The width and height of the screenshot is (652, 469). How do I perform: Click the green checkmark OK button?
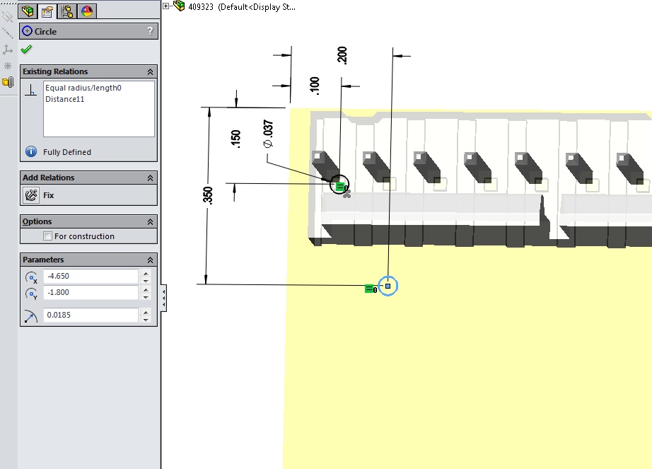coord(26,50)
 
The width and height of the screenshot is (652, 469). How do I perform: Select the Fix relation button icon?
coord(31,195)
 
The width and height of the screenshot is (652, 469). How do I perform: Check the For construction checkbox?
coord(48,236)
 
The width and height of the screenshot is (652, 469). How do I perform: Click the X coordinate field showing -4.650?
coord(91,276)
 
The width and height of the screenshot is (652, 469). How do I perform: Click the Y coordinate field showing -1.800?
coord(91,292)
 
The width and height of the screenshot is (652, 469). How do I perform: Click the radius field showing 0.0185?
coord(91,315)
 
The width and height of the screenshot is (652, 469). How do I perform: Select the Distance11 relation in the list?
coord(65,99)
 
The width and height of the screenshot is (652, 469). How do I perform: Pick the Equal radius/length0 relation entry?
coord(83,88)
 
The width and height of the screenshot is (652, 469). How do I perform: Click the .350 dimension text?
coord(208,195)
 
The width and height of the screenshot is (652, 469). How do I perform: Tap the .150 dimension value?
coord(235,139)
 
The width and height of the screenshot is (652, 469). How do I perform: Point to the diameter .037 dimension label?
coord(268,134)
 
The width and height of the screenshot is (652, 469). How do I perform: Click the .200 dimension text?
coord(342,55)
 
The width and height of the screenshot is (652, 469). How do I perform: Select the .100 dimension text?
coord(315,86)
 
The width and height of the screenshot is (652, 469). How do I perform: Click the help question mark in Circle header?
coord(150,30)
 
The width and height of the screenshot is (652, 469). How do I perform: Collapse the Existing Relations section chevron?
coord(150,72)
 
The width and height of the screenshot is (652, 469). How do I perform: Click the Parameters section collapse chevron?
coord(150,260)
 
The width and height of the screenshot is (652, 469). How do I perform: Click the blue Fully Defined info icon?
coord(31,152)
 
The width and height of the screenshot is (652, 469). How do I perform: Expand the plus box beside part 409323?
coord(166,6)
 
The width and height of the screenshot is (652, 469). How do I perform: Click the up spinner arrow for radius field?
coord(146,312)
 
